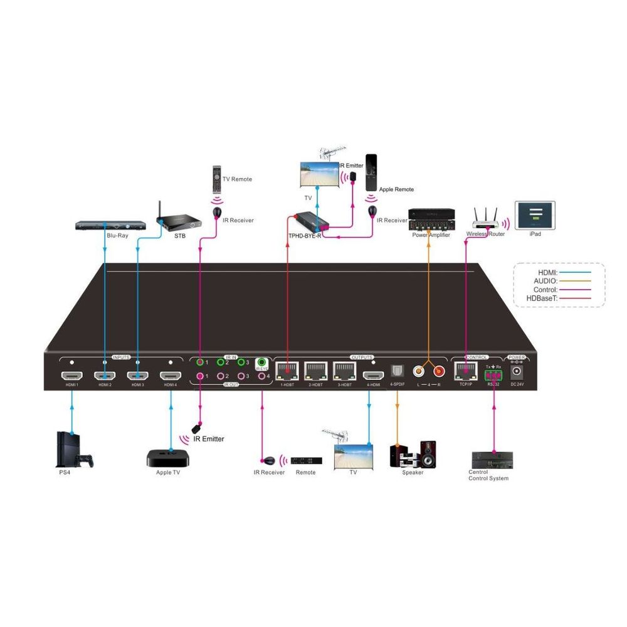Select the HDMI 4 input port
click(171, 376)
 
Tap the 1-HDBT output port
click(287, 372)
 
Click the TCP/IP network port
click(465, 371)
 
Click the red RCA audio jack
click(439, 371)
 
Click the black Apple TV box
click(168, 457)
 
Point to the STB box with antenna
click(178, 219)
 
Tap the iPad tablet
click(534, 213)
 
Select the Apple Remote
click(372, 172)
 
